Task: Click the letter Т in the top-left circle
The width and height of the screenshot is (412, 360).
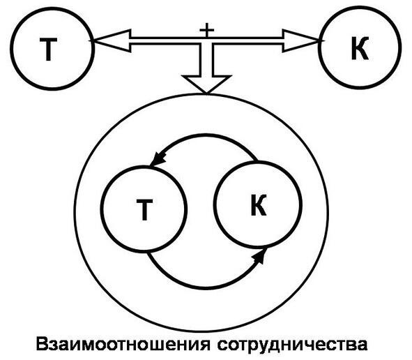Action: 48,50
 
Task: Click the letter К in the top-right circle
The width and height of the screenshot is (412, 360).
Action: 360,49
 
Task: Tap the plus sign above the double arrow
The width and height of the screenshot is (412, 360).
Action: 207,30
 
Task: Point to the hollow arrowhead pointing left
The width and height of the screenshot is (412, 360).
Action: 112,40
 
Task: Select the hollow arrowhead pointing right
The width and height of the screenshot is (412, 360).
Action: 302,41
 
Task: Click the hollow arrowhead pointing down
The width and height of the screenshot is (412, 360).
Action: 206,84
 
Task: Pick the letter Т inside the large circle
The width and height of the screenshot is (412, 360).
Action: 144,209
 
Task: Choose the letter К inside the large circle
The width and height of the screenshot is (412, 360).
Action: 259,205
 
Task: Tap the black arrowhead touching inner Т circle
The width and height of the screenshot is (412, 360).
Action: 158,159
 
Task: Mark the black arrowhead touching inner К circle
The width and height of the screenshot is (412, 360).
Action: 259,255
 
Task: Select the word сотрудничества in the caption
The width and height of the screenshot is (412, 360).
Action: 292,345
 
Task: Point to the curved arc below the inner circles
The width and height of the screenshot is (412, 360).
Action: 206,288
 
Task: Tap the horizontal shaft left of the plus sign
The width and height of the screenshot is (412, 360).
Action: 165,41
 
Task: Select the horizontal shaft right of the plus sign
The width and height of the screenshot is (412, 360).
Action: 248,41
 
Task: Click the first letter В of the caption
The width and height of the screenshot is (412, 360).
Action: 42,344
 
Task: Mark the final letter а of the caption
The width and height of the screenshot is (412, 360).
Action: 363,346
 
